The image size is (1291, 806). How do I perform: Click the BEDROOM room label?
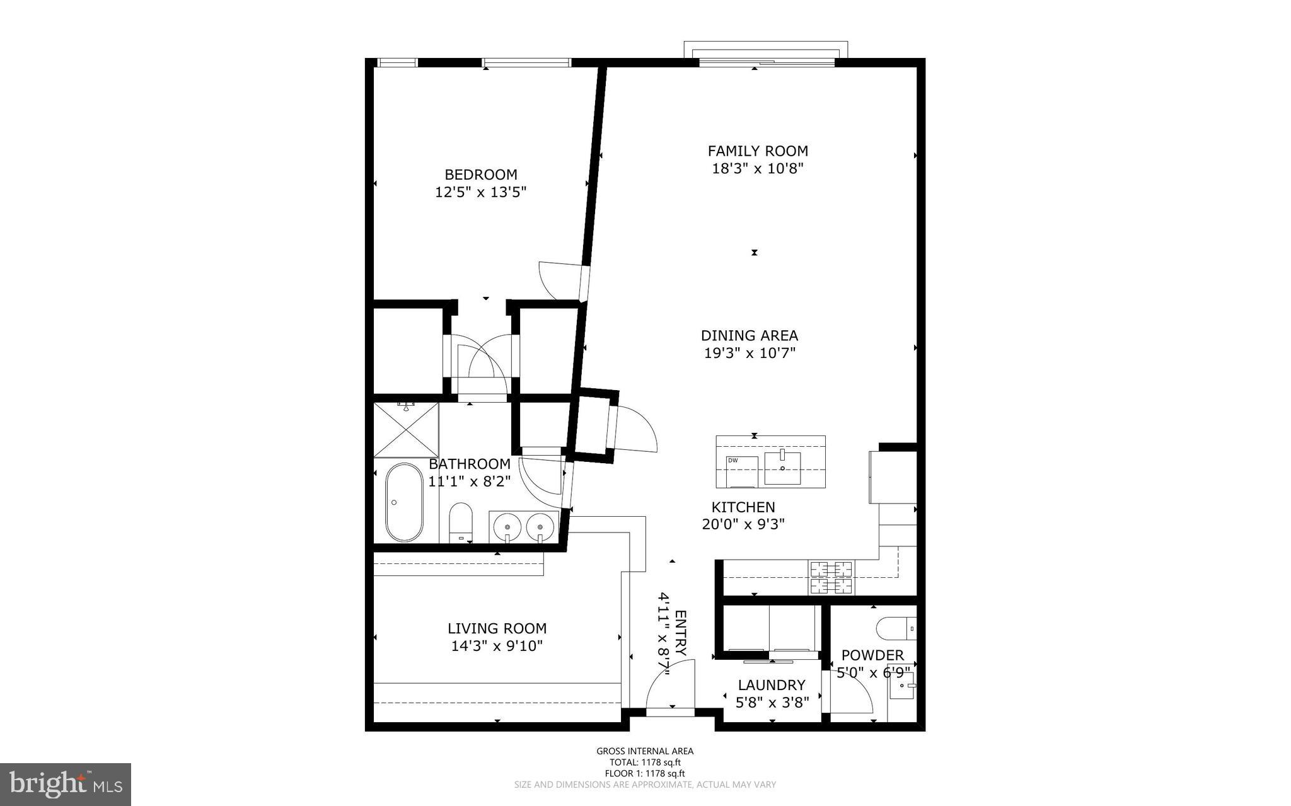coord(480,175)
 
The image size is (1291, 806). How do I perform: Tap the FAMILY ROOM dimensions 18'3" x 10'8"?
coord(757,169)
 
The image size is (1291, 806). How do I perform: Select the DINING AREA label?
coord(749,336)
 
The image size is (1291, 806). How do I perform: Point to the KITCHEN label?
coord(743,507)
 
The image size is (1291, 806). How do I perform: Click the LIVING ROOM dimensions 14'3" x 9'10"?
coord(497,646)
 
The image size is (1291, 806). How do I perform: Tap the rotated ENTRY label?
coord(680,633)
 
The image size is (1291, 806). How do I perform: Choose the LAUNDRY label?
coord(772,685)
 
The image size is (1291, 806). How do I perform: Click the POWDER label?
coord(872,655)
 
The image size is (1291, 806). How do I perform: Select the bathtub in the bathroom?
coord(403,502)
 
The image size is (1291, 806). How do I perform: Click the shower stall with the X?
coord(406,430)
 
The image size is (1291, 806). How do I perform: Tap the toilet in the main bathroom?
coord(461,522)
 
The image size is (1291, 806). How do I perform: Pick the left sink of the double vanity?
coord(506,525)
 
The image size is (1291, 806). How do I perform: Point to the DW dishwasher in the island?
coord(741,471)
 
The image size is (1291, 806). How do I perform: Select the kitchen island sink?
coord(782,468)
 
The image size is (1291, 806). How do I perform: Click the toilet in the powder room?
coord(895,628)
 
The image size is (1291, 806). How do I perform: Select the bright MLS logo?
coord(66,784)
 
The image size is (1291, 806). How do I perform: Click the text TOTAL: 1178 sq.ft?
coord(644,763)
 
